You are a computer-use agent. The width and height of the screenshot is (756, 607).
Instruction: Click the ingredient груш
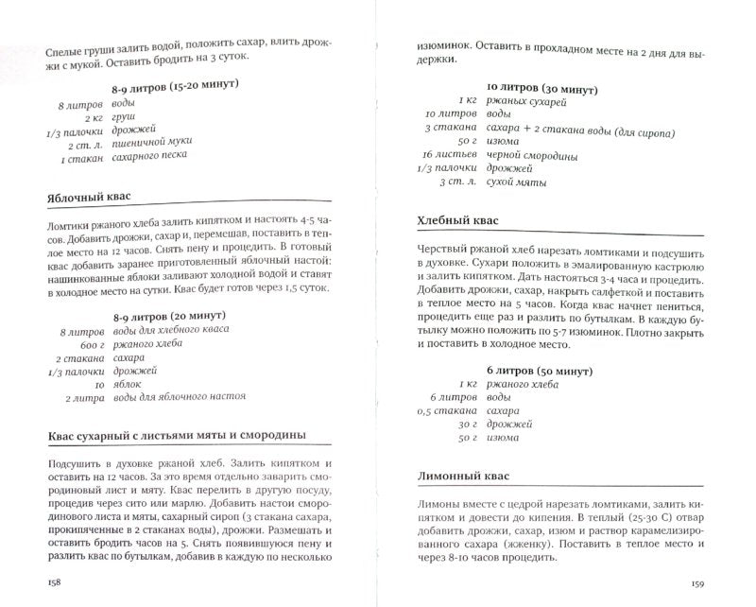pyautogui.click(x=122, y=118)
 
